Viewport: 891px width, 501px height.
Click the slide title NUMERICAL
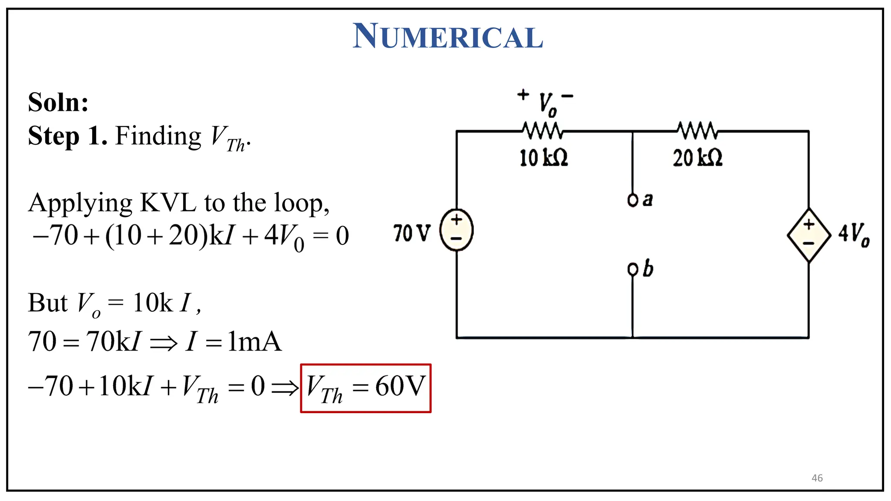pos(448,37)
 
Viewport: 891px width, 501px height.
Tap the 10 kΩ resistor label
pos(544,157)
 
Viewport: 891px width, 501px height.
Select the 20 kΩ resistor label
pos(697,157)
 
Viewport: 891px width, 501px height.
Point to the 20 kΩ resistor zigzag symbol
pos(697,130)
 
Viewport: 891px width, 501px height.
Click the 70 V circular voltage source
pos(456,230)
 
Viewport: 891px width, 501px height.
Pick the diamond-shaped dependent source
pos(809,235)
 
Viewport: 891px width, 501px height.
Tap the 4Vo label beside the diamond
pos(854,234)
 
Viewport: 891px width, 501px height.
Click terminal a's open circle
pos(633,200)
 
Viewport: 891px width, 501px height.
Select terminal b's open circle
pos(633,270)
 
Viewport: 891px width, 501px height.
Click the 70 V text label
pos(411,233)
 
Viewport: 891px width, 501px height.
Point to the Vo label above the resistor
pos(547,104)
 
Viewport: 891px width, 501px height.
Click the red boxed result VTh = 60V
pos(365,388)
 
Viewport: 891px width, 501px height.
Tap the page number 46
pos(817,478)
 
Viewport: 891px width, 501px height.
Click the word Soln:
pos(58,103)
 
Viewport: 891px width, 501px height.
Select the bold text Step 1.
pos(67,136)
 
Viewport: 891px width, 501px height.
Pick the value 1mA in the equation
pos(255,341)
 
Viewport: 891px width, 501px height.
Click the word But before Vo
pos(48,303)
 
